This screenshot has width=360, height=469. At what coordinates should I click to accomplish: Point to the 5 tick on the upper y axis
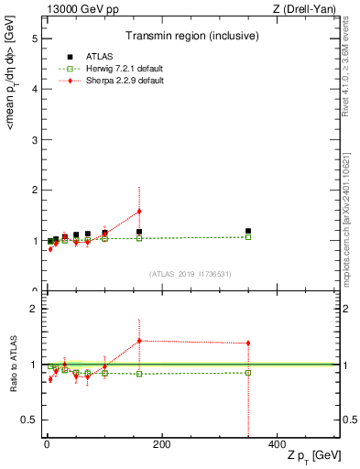pyautogui.click(x=32, y=39)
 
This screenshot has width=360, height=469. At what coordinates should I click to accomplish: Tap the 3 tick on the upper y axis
pyautogui.click(x=32, y=140)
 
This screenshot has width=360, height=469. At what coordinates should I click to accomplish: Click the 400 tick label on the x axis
pyautogui.click(x=277, y=445)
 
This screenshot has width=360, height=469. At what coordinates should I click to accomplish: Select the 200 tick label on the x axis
pyautogui.click(x=162, y=445)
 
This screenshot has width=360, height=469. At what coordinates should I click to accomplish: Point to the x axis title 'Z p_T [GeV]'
pyautogui.click(x=311, y=456)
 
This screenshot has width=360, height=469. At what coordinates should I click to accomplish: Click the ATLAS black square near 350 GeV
pyautogui.click(x=248, y=232)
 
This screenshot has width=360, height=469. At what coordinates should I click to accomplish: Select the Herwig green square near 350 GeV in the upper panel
pyautogui.click(x=248, y=237)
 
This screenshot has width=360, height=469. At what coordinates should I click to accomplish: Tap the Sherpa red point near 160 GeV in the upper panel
pyautogui.click(x=139, y=212)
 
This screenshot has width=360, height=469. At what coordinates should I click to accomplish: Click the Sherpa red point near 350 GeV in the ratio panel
pyautogui.click(x=248, y=344)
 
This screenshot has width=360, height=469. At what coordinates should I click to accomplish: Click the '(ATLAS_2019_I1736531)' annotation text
pyautogui.click(x=190, y=273)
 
